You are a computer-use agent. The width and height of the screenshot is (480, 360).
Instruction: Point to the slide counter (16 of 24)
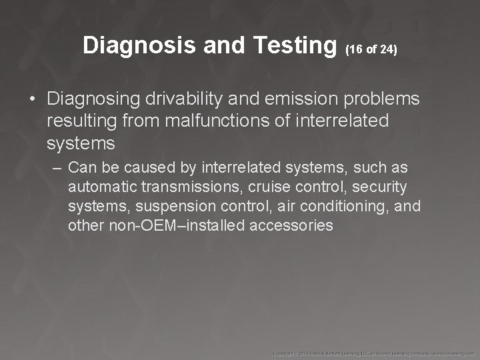371,49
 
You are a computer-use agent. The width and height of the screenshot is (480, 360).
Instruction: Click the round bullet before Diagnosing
32,99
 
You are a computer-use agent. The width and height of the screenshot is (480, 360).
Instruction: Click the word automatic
97,187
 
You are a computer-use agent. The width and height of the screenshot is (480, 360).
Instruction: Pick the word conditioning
345,206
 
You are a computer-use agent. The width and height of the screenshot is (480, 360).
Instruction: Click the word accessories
292,225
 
